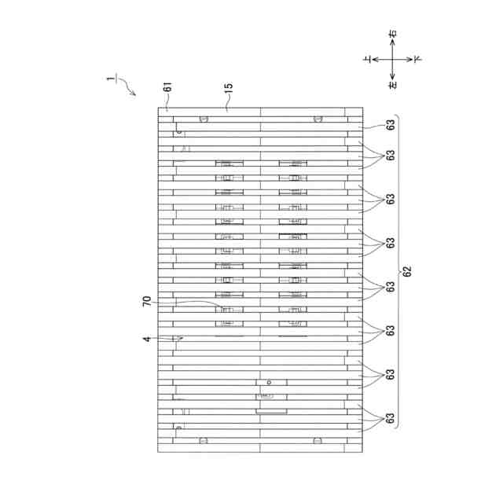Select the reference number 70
pos(147,302)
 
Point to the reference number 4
pos(146,339)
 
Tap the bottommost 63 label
pos(390,420)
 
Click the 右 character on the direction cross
pos(393,35)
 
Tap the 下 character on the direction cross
pos(417,59)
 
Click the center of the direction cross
pos(393,59)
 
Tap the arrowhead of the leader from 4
pos(180,339)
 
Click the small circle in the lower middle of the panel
pos(269,382)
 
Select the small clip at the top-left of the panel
pos(204,119)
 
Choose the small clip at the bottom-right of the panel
pos(318,441)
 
